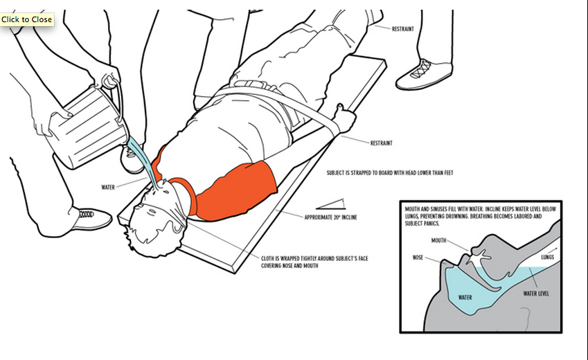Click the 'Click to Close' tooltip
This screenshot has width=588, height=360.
tap(27, 19)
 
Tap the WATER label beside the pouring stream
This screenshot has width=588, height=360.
tap(108, 187)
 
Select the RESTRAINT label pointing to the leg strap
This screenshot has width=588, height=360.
tap(404, 29)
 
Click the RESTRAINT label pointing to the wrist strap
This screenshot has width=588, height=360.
tap(382, 143)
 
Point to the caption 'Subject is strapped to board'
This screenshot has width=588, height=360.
tap(390, 173)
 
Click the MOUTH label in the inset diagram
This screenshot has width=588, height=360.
tap(438, 241)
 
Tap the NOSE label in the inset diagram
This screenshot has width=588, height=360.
tap(418, 257)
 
